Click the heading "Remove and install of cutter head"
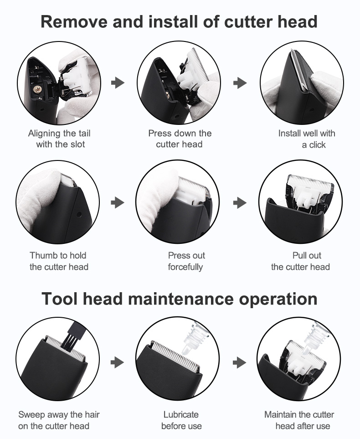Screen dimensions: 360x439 click(x=179, y=21)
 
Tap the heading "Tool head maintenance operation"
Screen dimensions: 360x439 click(x=180, y=299)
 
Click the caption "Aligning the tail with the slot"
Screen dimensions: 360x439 click(x=59, y=139)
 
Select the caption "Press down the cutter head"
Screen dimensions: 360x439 click(x=180, y=139)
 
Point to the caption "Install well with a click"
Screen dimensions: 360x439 click(x=307, y=139)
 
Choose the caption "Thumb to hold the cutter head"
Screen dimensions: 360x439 click(x=59, y=261)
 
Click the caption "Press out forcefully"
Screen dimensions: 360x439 click(x=186, y=261)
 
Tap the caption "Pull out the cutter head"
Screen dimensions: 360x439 click(x=300, y=261)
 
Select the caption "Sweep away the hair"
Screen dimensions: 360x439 click(x=59, y=414)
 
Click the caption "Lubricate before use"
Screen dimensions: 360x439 click(x=181, y=420)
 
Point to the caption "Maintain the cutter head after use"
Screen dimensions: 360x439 click(x=299, y=420)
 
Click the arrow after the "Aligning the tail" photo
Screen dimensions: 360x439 click(x=118, y=83)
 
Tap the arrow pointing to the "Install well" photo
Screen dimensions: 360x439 click(x=240, y=83)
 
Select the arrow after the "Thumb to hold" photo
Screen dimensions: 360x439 click(x=118, y=202)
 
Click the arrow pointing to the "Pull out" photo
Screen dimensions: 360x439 click(x=240, y=202)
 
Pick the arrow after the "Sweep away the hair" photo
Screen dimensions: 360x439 click(x=118, y=362)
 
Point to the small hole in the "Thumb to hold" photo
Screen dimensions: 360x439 click(x=79, y=215)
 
